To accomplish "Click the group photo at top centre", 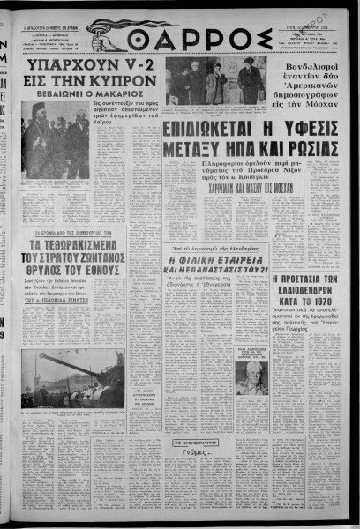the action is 216,84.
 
